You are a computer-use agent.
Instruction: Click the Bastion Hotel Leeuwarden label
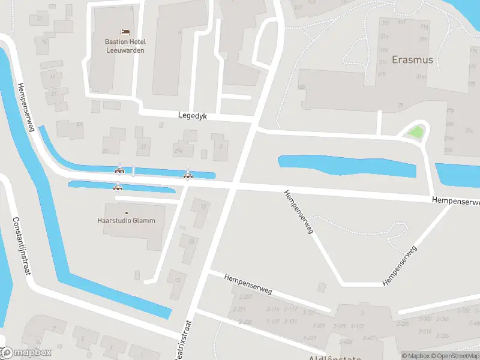click(125, 46)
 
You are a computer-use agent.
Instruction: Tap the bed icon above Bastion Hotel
click(125, 31)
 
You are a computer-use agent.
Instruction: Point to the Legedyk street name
click(192, 116)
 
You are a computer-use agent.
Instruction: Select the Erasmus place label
click(412, 60)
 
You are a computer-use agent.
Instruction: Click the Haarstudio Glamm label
click(126, 220)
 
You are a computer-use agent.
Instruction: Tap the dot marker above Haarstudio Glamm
click(126, 212)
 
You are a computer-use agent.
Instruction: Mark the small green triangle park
click(415, 131)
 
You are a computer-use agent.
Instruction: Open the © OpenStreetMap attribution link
click(456, 356)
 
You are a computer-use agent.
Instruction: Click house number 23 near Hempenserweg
click(79, 124)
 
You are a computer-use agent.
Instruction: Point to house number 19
click(53, 77)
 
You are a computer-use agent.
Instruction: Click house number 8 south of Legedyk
click(221, 146)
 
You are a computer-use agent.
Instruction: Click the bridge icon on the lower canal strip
click(118, 187)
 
